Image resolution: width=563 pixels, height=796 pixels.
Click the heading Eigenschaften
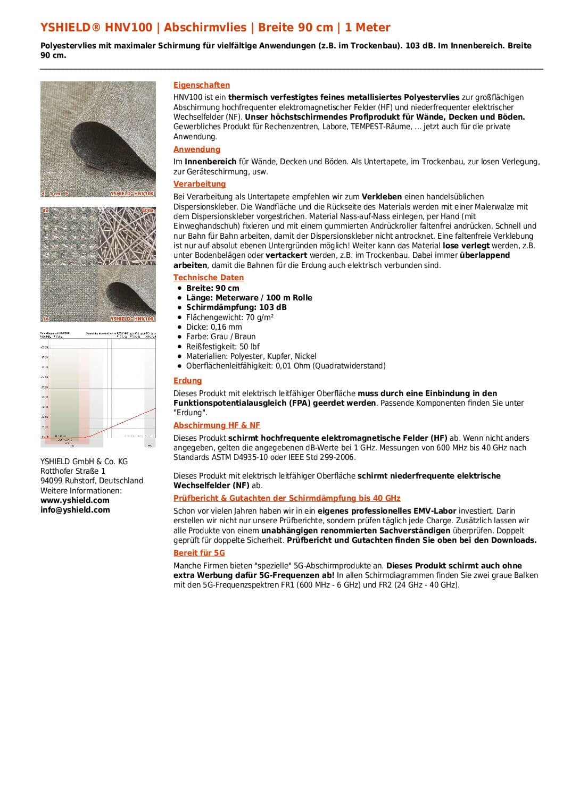[x=202, y=85]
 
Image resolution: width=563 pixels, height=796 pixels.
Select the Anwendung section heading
[x=196, y=149]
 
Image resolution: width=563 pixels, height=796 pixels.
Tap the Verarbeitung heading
[x=200, y=184]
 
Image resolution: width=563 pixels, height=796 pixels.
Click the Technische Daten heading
[x=208, y=278]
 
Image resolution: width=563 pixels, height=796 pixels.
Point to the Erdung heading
[x=187, y=381]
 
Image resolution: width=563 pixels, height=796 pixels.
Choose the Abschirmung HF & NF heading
[x=217, y=425]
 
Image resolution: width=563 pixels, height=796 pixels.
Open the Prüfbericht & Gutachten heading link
[x=287, y=498]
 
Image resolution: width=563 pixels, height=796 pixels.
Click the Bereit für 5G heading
[x=199, y=553]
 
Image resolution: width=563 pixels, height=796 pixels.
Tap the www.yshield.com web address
[x=75, y=500]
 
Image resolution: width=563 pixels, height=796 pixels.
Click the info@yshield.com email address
[x=75, y=510]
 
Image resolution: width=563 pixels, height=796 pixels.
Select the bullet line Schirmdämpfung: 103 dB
[x=236, y=307]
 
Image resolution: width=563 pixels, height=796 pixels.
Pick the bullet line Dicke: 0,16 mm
[x=214, y=327]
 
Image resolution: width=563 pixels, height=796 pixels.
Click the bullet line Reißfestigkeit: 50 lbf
[x=222, y=347]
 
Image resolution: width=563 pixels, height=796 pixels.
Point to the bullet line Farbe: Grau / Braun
[x=221, y=337]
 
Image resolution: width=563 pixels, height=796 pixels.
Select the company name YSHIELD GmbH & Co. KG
[x=84, y=462]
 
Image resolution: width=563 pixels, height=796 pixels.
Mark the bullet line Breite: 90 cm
[x=212, y=288]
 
